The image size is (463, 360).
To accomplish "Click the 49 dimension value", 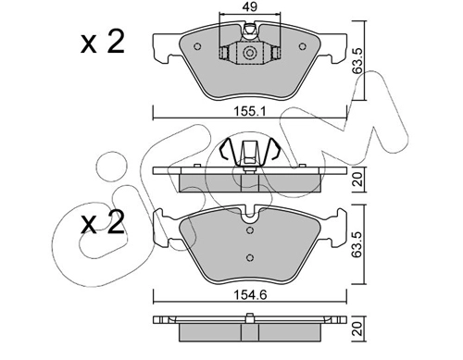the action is click(250, 6).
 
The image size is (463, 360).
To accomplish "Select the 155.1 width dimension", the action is click(249, 111).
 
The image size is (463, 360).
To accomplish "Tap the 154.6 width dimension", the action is click(250, 295).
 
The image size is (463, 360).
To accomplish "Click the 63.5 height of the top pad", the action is click(357, 60).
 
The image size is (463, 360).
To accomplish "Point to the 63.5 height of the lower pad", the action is click(357, 244).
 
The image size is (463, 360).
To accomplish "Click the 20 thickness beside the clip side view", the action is click(357, 180).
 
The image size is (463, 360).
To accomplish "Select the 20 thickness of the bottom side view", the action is click(357, 329).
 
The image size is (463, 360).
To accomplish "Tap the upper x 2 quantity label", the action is click(103, 43).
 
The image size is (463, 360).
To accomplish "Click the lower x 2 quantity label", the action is click(103, 222).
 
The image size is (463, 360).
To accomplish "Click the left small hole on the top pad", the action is click(197, 46).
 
